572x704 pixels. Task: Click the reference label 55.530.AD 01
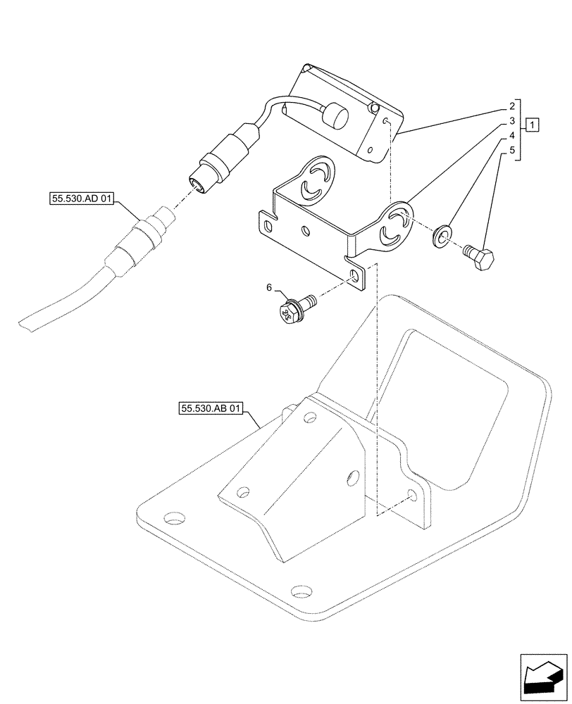[x=82, y=199]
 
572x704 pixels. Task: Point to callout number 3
[x=512, y=121]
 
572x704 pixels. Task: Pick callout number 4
[x=512, y=135]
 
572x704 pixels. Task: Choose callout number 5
[x=512, y=150]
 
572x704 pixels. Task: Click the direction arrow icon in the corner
[x=543, y=681]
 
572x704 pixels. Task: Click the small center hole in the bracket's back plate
[x=304, y=230]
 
